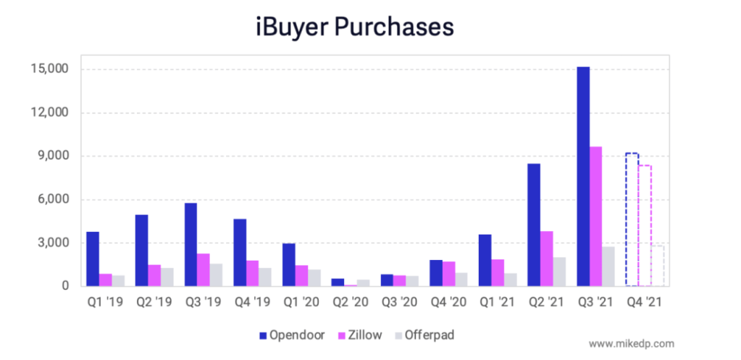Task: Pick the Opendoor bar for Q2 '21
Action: (x=534, y=225)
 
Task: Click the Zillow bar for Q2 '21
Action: (x=546, y=259)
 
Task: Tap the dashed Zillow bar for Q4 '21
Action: (x=644, y=225)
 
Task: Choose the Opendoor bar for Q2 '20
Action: (x=338, y=282)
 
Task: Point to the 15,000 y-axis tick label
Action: (x=48, y=70)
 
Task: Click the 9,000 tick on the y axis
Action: (x=51, y=156)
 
